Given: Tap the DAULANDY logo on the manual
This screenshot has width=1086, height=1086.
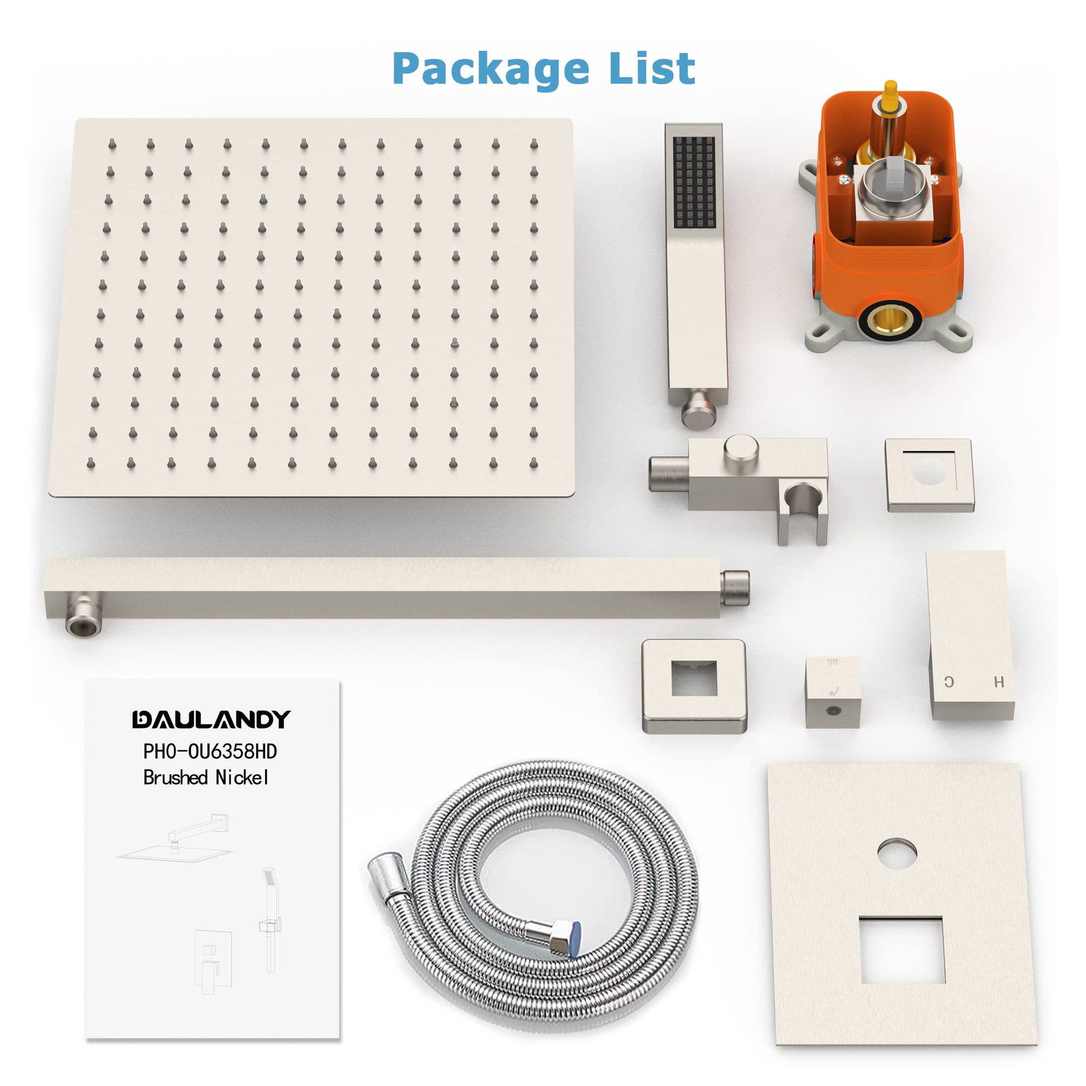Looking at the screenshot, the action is [x=212, y=719].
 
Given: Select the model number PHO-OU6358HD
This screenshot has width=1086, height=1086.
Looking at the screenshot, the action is [x=210, y=751].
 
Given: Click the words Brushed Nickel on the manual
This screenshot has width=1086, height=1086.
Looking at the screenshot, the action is [x=206, y=777].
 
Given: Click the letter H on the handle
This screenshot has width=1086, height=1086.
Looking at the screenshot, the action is [x=999, y=683].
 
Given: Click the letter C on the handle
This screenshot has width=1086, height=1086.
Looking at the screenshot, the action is [x=949, y=683].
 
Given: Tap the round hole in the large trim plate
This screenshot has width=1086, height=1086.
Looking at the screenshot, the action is [x=897, y=856].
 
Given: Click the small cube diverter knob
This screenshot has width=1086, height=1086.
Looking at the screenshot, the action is [x=832, y=693].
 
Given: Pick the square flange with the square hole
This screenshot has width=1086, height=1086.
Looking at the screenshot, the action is [x=695, y=687].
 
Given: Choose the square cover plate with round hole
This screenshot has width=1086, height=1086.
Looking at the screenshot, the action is [x=930, y=475].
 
